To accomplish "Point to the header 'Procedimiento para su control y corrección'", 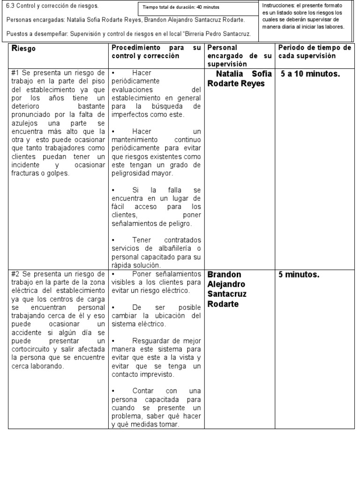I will (x=156, y=52).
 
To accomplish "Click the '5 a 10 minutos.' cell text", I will (x=310, y=74).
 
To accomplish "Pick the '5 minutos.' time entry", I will (x=299, y=275).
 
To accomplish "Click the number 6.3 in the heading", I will (x=11, y=6).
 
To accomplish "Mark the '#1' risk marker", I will (x=16, y=73).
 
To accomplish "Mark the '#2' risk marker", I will (x=16, y=274).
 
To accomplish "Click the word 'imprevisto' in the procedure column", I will (x=157, y=375).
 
